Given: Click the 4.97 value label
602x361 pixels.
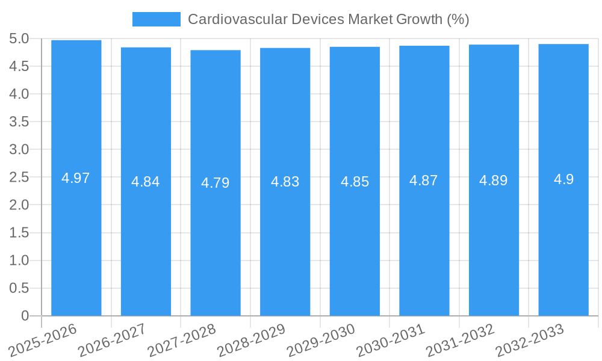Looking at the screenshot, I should point(76,178).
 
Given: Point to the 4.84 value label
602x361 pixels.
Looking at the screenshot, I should point(146,182).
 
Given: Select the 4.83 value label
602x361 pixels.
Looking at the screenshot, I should point(285,182).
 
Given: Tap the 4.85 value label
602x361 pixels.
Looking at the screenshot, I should point(355,182).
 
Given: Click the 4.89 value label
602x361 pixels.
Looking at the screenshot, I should point(494,180).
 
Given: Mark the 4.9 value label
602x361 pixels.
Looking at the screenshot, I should point(563,179).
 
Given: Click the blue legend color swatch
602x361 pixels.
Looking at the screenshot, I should point(156,19).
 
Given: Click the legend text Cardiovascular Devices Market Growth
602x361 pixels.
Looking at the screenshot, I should point(328,19).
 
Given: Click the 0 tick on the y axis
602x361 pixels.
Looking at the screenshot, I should point(25,316).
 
